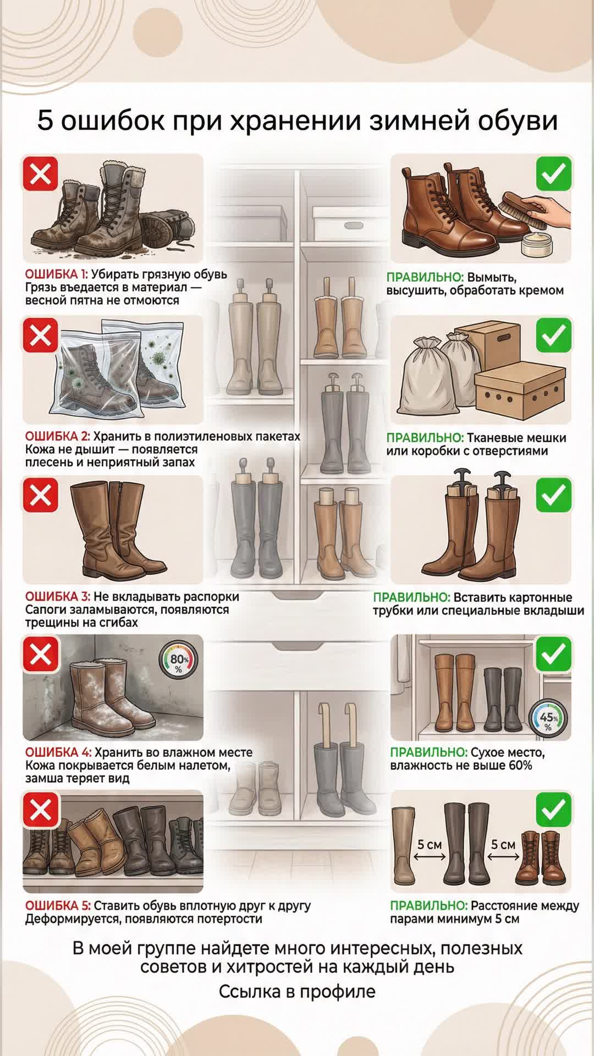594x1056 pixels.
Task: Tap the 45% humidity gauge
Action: (x=548, y=719)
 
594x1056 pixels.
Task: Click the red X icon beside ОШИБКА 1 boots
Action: (x=40, y=174)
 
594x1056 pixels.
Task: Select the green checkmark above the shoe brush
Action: (x=553, y=174)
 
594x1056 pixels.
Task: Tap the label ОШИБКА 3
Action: (x=58, y=597)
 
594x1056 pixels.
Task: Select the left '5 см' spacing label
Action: (x=430, y=845)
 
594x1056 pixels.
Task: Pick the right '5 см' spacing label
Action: (x=503, y=845)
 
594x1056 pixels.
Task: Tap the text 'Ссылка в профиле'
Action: (x=297, y=992)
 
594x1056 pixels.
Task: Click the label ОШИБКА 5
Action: (x=58, y=906)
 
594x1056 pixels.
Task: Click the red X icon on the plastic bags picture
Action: (x=40, y=335)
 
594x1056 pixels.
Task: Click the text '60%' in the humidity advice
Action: (x=520, y=766)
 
